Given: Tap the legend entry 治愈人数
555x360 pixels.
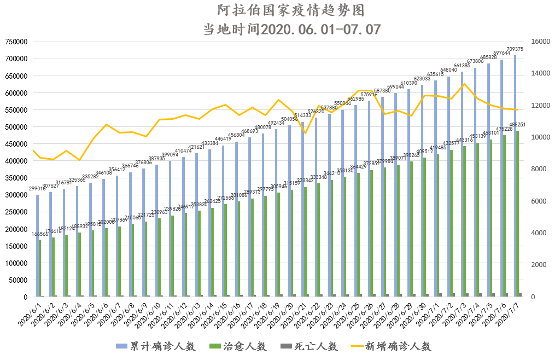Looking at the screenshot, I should coord(239,346).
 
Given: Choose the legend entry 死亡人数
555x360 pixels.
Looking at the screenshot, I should coord(309,346).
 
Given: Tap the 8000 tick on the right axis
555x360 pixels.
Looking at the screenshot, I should coord(534,169).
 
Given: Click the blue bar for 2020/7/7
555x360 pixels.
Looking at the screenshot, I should coord(515,176).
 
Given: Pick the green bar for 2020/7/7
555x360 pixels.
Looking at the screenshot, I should coord(518,213).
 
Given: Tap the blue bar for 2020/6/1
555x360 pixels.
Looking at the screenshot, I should coord(37,246).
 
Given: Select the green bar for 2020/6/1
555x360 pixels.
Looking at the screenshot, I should coord(40,268).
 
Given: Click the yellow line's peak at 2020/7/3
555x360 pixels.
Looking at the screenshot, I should coord(464,84).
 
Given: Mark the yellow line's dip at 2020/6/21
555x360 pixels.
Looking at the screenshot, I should coord(306,133).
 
